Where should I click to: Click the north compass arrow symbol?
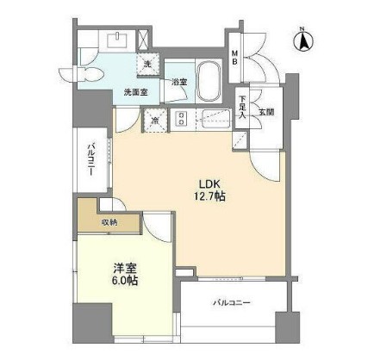303,39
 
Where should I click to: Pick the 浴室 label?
179,83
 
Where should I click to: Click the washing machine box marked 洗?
147,65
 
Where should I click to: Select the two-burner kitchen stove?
182,119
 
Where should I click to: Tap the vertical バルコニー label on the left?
90,161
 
